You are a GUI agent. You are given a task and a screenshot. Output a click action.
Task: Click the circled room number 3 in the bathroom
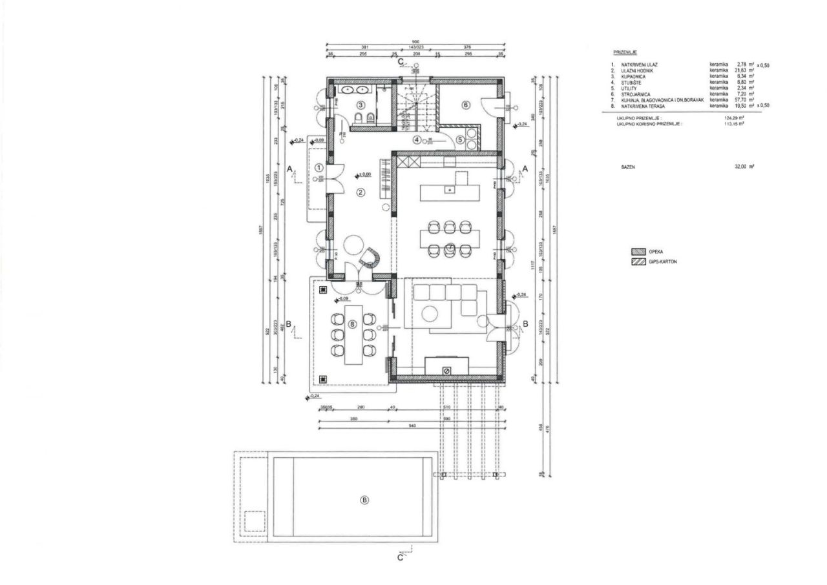click(x=361, y=104)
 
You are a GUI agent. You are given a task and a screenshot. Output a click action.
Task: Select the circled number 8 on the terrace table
click(x=352, y=325)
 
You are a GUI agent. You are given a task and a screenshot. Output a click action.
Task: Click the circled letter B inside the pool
click(x=364, y=500)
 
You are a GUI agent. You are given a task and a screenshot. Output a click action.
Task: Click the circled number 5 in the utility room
click(x=460, y=139)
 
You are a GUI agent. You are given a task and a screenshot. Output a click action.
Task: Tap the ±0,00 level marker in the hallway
click(x=365, y=174)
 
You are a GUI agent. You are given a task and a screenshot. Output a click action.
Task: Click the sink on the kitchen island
click(x=449, y=190)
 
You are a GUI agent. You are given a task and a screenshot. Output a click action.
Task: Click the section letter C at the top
click(x=401, y=61)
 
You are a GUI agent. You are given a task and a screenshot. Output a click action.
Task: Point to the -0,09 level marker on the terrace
click(x=342, y=299)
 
